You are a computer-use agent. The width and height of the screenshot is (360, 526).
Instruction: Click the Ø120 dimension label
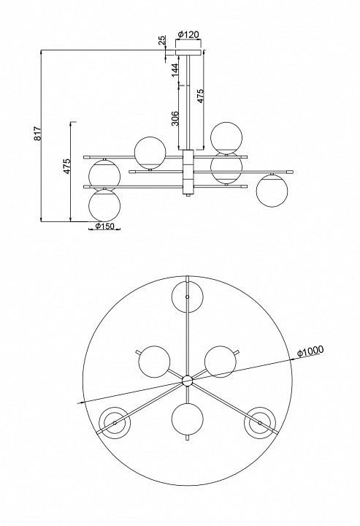point(188,34)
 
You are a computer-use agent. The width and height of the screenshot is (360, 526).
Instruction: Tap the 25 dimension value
point(162,40)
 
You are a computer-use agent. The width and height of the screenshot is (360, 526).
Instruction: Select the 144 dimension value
point(175,70)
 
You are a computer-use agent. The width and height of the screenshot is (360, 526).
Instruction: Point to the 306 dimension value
point(175,118)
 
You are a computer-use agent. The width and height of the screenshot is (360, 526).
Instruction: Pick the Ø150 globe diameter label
point(104,226)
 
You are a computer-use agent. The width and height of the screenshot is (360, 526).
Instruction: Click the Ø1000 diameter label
point(310,351)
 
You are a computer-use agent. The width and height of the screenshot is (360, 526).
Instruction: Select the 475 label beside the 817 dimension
point(67,166)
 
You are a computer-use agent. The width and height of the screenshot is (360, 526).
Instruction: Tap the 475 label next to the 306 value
point(200,96)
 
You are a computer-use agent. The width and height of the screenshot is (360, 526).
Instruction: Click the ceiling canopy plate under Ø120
point(188,53)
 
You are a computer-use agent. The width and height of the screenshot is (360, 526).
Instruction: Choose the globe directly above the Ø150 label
point(104,205)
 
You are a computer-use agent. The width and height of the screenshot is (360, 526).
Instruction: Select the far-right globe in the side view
point(272,191)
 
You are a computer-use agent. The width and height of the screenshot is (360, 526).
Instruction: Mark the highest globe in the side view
point(226,138)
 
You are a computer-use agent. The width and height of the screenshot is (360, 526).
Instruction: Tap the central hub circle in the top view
point(188,381)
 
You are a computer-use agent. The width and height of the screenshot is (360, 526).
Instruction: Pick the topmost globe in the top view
point(188,297)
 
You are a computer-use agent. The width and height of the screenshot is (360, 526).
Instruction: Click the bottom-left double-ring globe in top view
point(115,423)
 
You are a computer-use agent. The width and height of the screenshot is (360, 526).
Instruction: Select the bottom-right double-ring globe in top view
point(260,423)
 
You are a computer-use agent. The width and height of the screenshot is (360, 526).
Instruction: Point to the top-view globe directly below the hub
point(188,419)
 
